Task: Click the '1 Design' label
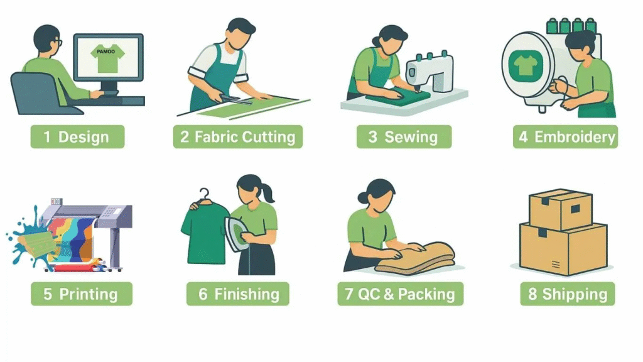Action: pyautogui.click(x=77, y=136)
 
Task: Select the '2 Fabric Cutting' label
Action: pyautogui.click(x=238, y=136)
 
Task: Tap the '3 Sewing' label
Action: pyautogui.click(x=404, y=136)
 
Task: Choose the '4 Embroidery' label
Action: pyautogui.click(x=566, y=136)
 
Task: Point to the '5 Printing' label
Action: pyautogui.click(x=82, y=294)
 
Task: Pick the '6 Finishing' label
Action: pyautogui.click(x=238, y=294)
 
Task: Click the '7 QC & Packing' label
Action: pyautogui.click(x=400, y=294)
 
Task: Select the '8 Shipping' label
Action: pyautogui.click(x=568, y=294)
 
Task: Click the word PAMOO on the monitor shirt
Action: pyautogui.click(x=105, y=52)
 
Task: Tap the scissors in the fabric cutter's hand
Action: pyautogui.click(x=236, y=99)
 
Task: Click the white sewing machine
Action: pyautogui.click(x=430, y=72)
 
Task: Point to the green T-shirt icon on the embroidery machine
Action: pyautogui.click(x=526, y=65)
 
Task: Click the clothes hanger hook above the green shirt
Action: pyautogui.click(x=204, y=195)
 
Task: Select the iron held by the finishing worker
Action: pyautogui.click(x=236, y=233)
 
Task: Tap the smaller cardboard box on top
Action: pyautogui.click(x=561, y=209)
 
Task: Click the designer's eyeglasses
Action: pyautogui.click(x=59, y=42)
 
